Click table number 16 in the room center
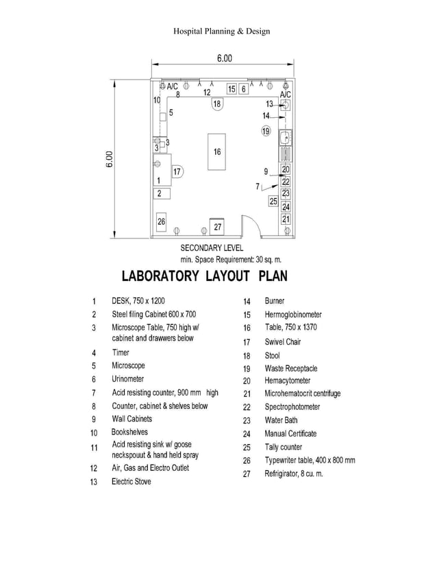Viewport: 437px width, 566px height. tap(217, 151)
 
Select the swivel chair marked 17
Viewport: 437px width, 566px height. tap(176, 171)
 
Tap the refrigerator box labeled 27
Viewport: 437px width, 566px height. tap(217, 226)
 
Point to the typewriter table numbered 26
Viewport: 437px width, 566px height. tap(162, 221)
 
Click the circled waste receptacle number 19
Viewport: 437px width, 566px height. tap(266, 130)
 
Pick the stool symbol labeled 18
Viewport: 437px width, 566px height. tap(217, 104)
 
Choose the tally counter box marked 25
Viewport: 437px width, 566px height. tap(273, 201)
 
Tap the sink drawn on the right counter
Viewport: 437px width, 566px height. tap(284, 136)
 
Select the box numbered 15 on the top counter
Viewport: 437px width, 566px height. tap(232, 89)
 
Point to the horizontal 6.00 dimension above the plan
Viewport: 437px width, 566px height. tap(224, 58)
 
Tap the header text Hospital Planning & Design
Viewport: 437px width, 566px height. tap(221, 31)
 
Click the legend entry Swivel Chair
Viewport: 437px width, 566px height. tap(282, 341)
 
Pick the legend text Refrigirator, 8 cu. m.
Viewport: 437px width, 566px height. tap(293, 473)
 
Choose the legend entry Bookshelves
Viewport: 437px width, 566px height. tap(129, 432)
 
